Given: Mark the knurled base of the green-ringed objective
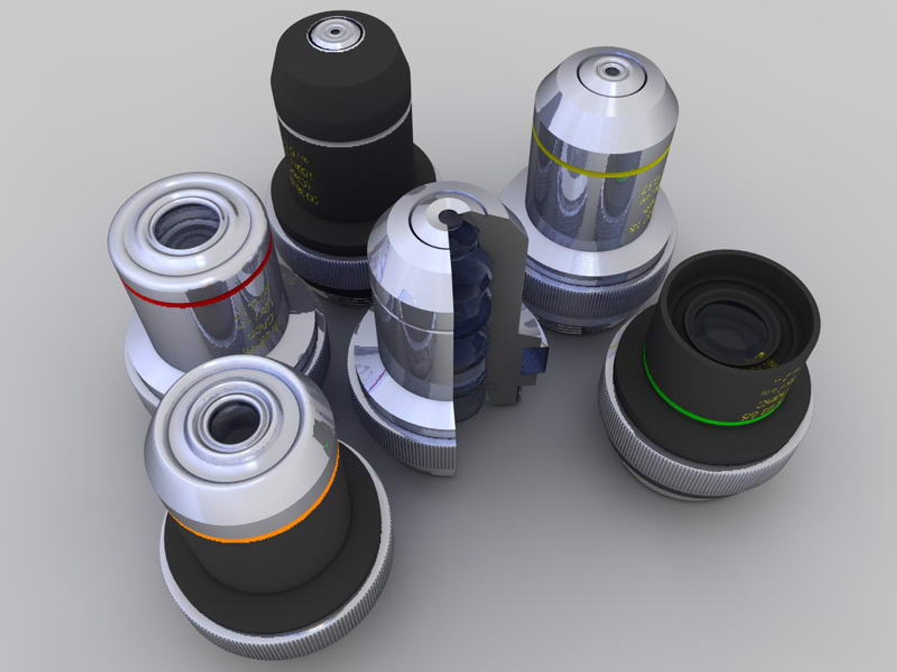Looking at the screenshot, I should pos(685,479).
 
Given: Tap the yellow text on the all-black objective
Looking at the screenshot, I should pos(302,177).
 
